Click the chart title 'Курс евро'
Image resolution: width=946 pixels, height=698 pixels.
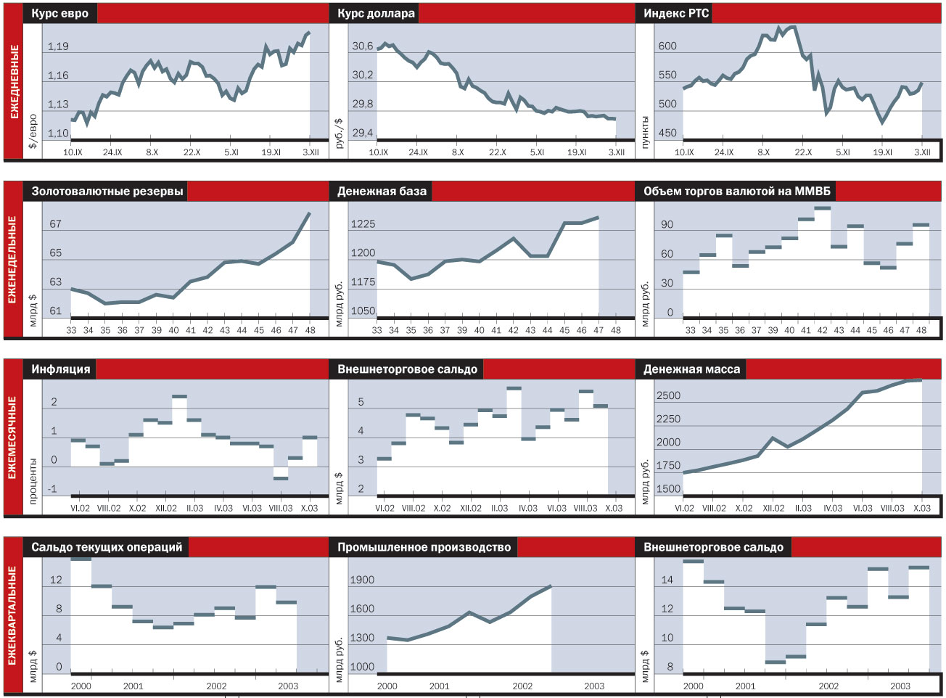(x=60, y=13)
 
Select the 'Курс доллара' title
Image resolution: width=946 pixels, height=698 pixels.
(x=376, y=13)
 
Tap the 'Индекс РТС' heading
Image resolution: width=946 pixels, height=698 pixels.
(x=676, y=13)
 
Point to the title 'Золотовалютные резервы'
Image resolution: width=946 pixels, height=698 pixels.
(x=107, y=192)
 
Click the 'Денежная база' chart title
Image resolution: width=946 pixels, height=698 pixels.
(x=382, y=192)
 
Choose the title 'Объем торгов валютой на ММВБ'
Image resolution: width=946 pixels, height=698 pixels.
(x=736, y=192)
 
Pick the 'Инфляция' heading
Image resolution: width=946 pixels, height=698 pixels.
(x=60, y=369)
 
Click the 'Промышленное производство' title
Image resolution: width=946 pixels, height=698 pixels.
(x=424, y=547)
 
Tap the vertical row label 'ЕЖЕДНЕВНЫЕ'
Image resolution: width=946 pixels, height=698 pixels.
(x=14, y=81)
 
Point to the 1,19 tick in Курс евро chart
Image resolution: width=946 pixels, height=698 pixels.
(x=58, y=46)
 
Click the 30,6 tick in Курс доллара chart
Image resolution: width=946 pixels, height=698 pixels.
(x=363, y=46)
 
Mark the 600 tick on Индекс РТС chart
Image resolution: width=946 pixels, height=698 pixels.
(x=667, y=46)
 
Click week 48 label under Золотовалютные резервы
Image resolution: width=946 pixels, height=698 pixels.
(x=310, y=330)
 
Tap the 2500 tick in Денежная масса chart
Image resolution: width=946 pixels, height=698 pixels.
(x=668, y=396)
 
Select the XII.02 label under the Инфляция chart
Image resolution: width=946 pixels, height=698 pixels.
(x=166, y=508)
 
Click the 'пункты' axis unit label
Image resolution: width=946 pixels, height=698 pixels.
(x=644, y=132)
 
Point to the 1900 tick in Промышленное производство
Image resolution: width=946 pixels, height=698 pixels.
(x=362, y=580)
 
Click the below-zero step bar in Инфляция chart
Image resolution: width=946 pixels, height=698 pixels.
(x=281, y=478)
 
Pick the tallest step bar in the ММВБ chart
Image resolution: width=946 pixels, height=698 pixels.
(x=822, y=208)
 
